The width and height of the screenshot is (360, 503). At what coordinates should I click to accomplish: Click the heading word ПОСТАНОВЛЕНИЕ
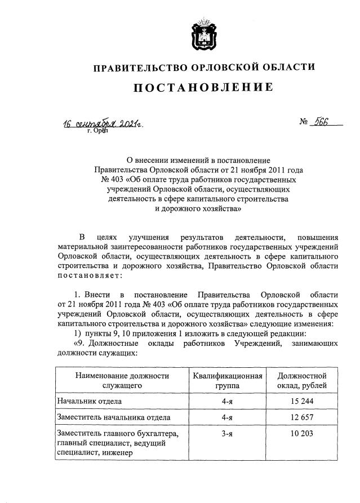203,87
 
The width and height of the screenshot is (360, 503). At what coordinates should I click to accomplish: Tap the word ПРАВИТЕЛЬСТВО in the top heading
134,68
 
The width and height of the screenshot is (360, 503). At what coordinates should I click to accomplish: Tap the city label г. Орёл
97,132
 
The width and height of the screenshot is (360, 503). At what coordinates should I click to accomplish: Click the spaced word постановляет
88,275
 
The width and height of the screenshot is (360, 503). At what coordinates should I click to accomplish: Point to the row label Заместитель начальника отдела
113,417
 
